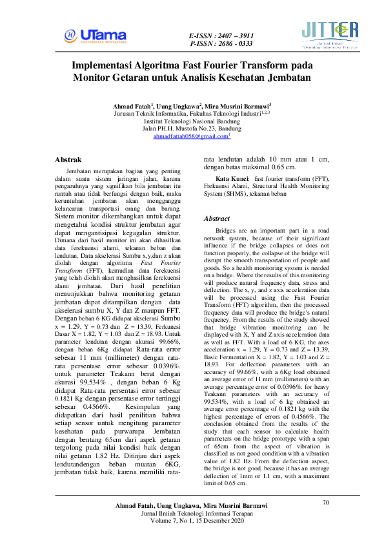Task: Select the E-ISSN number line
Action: click(x=221, y=35)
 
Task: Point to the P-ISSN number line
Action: click(x=221, y=44)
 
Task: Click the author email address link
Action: click(x=191, y=137)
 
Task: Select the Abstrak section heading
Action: click(x=68, y=159)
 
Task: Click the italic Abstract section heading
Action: click(x=216, y=219)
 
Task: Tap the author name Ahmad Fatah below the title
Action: click(x=132, y=105)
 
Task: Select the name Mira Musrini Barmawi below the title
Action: click(x=239, y=105)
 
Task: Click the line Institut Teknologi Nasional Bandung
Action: click(x=192, y=121)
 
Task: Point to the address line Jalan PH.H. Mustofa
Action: click(x=192, y=129)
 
